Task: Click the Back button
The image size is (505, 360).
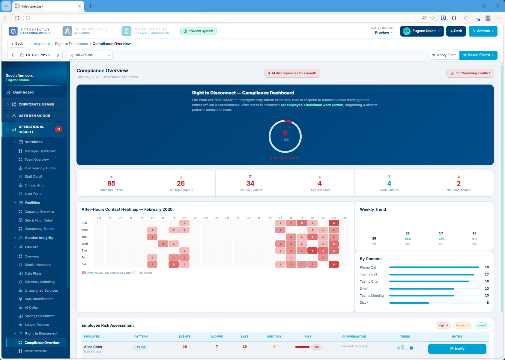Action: pyautogui.click(x=17, y=44)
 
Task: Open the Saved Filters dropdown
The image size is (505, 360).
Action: pyautogui.click(x=478, y=55)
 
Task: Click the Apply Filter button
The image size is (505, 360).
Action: pyautogui.click(x=444, y=55)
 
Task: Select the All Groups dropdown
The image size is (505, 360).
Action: pyautogui.click(x=90, y=55)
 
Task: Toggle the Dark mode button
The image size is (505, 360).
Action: pyautogui.click(x=456, y=31)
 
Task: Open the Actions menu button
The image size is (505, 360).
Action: pyautogui.click(x=483, y=31)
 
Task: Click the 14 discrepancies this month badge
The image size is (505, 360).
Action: pyautogui.click(x=292, y=73)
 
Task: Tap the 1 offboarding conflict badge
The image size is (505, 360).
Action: pyautogui.click(x=470, y=73)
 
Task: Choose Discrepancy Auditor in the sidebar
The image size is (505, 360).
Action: pyautogui.click(x=40, y=168)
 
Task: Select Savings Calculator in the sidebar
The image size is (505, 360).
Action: pyautogui.click(x=39, y=316)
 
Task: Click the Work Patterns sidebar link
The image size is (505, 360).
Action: pyautogui.click(x=36, y=351)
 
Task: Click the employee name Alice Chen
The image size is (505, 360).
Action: pyautogui.click(x=93, y=347)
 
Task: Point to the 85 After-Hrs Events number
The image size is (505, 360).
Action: pyautogui.click(x=111, y=183)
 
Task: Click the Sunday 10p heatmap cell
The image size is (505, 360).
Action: pyautogui.click(x=333, y=223)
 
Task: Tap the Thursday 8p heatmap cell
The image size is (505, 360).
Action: pyautogui.click(x=312, y=251)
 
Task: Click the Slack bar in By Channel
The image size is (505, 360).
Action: pyautogui.click(x=409, y=303)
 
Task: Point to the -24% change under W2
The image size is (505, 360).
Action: pyautogui.click(x=408, y=239)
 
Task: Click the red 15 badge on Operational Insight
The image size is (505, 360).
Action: pyautogui.click(x=58, y=129)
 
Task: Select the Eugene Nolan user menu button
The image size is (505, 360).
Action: pyautogui.click(x=422, y=31)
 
